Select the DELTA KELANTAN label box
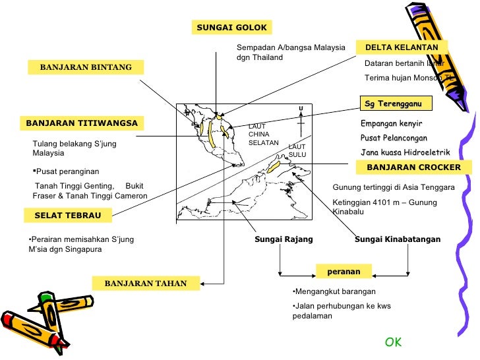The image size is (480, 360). tap(402, 47)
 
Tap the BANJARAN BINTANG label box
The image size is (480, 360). tap(86, 67)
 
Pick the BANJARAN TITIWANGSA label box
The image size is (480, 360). tap(82, 123)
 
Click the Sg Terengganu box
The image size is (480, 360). tap(395, 104)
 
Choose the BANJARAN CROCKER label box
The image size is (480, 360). tap(413, 167)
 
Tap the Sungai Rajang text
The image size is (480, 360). tap(284, 239)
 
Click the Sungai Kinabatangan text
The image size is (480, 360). tap(397, 239)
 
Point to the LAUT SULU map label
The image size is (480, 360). tap(297, 150)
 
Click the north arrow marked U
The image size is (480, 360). tap(300, 119)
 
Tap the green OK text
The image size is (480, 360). tap(394, 342)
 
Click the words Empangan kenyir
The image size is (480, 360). tap(391, 124)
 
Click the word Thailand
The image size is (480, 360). tap(268, 57)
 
